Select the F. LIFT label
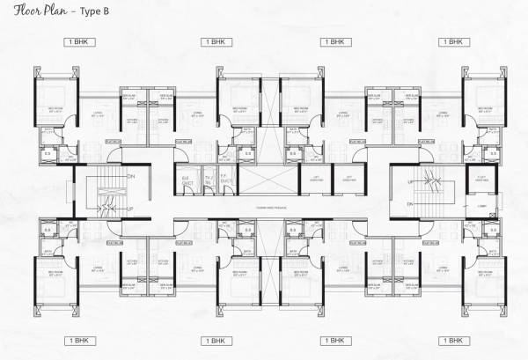[480, 178]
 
